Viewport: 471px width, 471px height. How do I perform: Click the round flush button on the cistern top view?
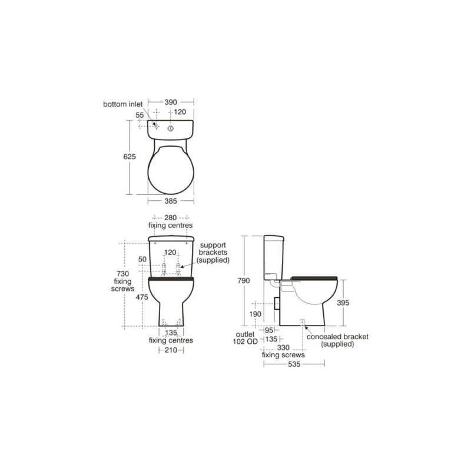pos(170,127)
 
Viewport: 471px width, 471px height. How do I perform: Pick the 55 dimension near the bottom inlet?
pos(140,116)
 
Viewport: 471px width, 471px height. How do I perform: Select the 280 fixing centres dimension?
pos(171,217)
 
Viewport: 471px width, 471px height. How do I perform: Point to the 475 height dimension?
pos(142,297)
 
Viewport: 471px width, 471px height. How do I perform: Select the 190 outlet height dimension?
pos(256,314)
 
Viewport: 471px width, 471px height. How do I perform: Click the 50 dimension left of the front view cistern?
pos(143,259)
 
